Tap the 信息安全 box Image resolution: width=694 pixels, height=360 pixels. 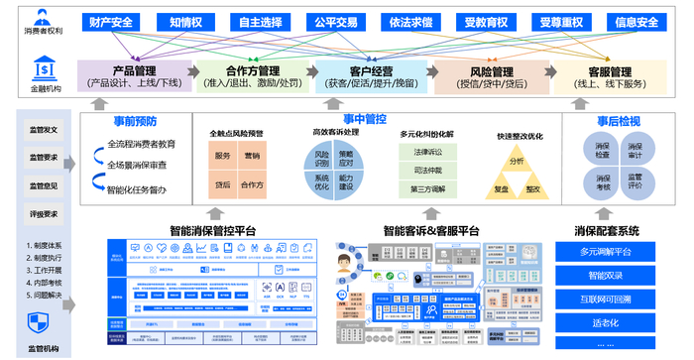point(636,22)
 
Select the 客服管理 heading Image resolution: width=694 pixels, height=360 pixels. point(610,71)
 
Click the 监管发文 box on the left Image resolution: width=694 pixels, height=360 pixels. point(44,130)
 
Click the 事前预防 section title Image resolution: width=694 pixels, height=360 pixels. point(134,122)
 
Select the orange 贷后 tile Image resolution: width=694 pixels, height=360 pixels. point(223,185)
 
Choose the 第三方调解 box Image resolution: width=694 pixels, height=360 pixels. point(428,188)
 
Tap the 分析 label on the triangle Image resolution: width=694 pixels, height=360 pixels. point(517,161)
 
